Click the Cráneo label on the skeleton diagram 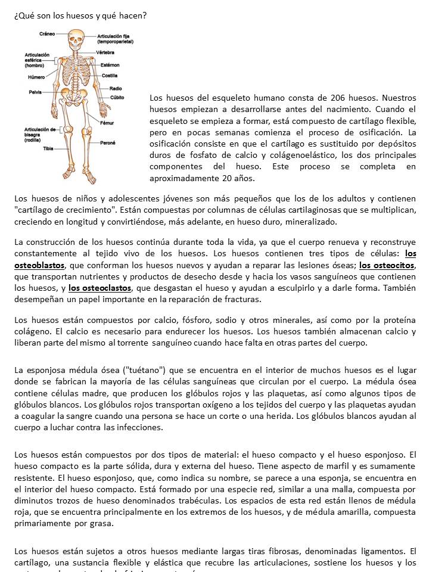point(47,34)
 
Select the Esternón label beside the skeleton point(110,64)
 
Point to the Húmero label point(36,77)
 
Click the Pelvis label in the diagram point(35,92)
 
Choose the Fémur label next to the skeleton point(107,123)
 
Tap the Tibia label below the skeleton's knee point(48,148)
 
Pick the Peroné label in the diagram point(108,143)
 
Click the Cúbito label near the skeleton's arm point(117,97)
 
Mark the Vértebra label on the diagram point(105,52)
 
